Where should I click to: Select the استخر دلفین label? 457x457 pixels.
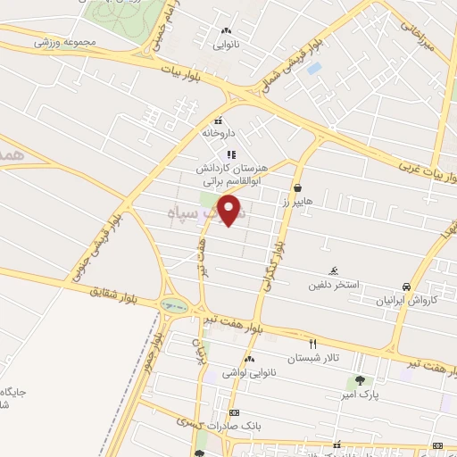334,286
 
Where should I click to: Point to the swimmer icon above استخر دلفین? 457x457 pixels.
334,271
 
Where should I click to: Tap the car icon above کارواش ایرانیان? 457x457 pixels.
407,287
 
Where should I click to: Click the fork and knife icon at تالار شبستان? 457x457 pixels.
312,344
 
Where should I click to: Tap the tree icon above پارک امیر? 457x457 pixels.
347,379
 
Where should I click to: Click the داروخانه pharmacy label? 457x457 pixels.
217,133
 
